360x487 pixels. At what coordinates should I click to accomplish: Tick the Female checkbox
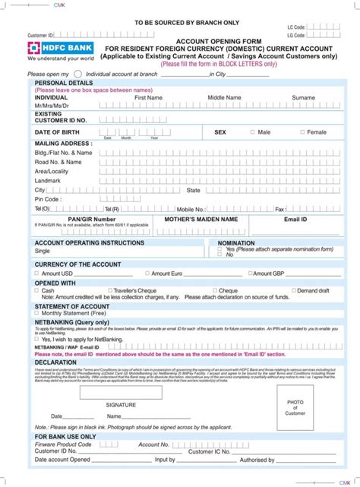pyautogui.click(x=302, y=132)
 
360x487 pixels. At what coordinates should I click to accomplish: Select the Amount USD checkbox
pyautogui.click(x=36, y=274)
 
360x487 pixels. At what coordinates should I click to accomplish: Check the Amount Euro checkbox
pyautogui.click(x=147, y=274)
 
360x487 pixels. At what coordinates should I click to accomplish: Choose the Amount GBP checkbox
pyautogui.click(x=250, y=274)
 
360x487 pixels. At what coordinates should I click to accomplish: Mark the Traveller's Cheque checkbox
pyautogui.click(x=109, y=290)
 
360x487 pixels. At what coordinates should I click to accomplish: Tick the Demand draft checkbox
pyautogui.click(x=292, y=290)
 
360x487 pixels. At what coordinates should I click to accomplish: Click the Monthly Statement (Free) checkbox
pyautogui.click(x=36, y=313)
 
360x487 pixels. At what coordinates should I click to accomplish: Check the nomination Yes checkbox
pyautogui.click(x=221, y=249)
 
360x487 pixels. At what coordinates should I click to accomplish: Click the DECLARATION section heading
pyautogui.click(x=55, y=362)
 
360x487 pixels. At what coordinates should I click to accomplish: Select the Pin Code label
pyautogui.click(x=48, y=199)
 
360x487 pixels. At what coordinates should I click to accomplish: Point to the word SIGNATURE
pyautogui.click(x=121, y=405)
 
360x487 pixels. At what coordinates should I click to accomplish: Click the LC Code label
pyautogui.click(x=296, y=27)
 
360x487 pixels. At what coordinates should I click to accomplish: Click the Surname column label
pyautogui.click(x=303, y=98)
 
